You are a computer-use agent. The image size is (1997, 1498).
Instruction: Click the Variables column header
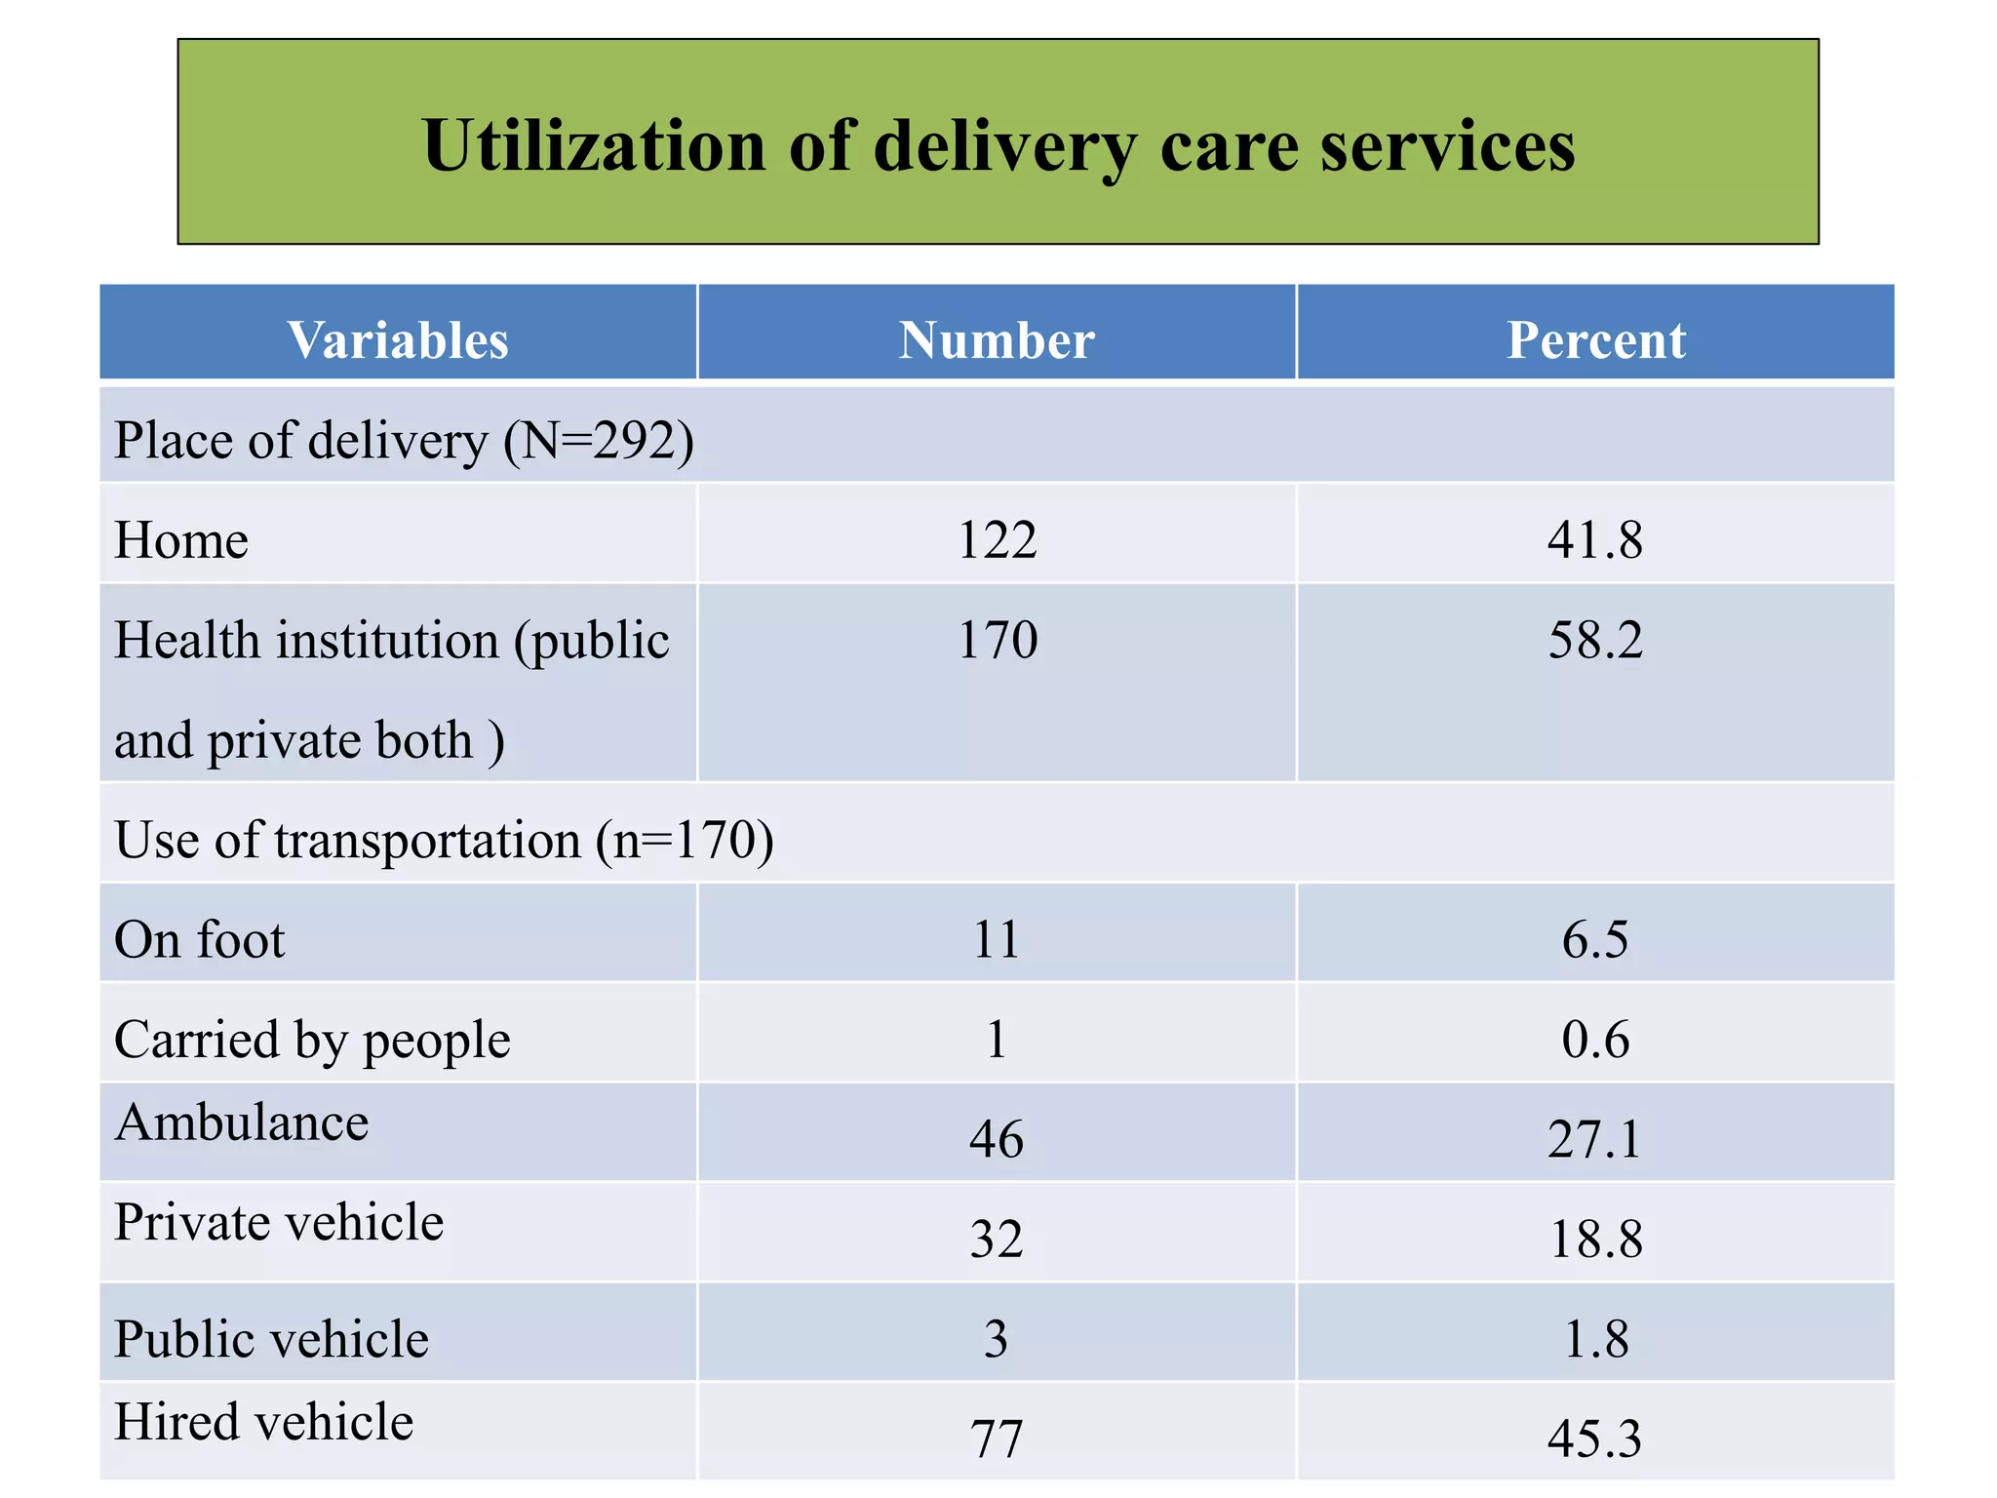point(398,340)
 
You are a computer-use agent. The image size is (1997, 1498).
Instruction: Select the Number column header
point(997,340)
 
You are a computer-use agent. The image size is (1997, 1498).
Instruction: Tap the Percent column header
point(1595,340)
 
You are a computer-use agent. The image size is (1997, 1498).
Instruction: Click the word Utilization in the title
point(594,146)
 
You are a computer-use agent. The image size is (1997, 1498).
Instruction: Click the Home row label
point(181,540)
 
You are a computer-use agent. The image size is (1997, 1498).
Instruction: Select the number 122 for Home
point(997,540)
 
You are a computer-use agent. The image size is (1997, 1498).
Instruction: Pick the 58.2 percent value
point(1595,641)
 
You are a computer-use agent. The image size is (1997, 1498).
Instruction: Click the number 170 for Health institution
point(997,641)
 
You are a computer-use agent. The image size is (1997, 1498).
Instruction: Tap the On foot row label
point(199,940)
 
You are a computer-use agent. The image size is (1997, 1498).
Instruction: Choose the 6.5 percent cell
point(1595,940)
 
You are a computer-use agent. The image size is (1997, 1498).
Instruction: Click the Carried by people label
point(312,1040)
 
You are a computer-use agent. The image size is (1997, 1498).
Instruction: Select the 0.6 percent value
point(1595,1040)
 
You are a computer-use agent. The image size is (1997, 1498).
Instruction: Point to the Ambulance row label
point(242,1123)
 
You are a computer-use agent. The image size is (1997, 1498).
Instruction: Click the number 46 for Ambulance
point(997,1139)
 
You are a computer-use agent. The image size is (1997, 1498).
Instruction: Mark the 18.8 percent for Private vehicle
point(1595,1240)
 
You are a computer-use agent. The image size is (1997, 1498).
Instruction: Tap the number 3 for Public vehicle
point(997,1339)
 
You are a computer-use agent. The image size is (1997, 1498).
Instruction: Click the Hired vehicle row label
point(263,1422)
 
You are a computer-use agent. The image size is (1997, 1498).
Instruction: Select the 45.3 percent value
point(1595,1439)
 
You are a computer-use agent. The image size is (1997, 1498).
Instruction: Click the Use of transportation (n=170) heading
point(444,841)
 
